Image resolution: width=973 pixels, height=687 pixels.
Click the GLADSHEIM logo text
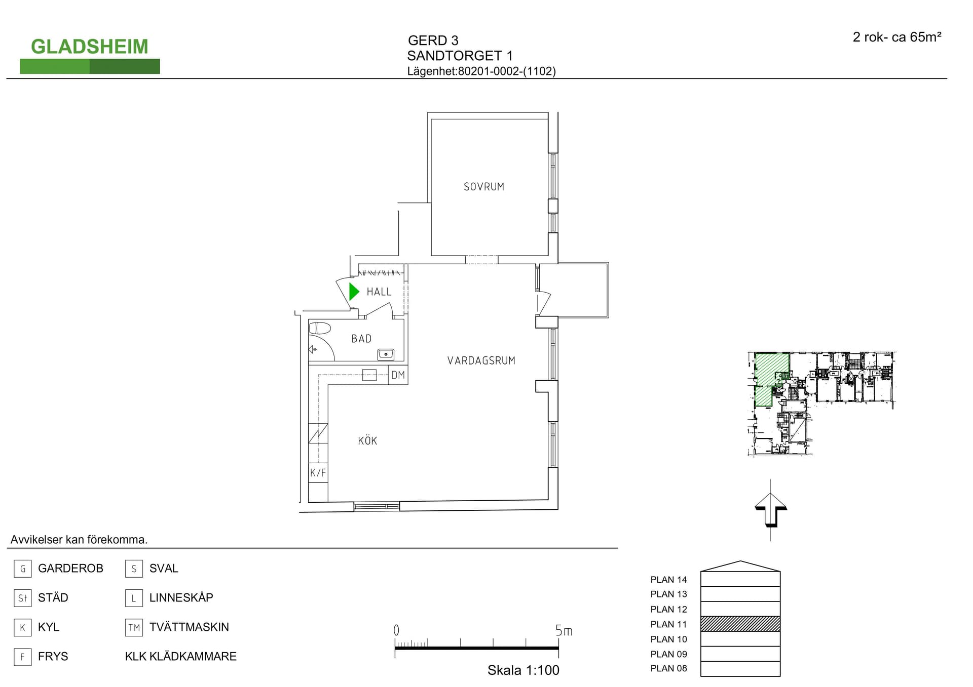[90, 47]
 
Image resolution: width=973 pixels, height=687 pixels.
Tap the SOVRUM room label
[484, 187]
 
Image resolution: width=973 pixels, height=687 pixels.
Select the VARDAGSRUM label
[481, 360]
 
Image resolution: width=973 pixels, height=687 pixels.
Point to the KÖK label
[367, 440]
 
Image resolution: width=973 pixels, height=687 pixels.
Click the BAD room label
[361, 339]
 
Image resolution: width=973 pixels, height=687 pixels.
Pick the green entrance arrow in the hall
[354, 292]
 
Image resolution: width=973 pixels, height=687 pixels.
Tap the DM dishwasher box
[398, 375]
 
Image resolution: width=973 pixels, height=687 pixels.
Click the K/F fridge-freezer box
[318, 473]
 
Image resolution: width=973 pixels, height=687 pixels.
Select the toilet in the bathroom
[320, 328]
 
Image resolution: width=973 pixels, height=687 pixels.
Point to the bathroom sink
[386, 354]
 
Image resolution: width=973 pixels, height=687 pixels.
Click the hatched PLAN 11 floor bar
[740, 624]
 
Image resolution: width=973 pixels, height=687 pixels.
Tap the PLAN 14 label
[668, 580]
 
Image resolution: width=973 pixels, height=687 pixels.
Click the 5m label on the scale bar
[564, 631]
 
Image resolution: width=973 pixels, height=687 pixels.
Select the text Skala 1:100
[523, 670]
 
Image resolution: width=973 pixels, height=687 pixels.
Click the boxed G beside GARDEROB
[23, 569]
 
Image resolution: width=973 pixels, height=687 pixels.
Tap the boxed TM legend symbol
[134, 628]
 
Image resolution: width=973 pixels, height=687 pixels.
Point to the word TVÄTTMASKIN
[189, 627]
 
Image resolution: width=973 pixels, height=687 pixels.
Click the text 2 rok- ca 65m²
[897, 37]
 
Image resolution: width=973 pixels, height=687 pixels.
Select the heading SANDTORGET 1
[460, 56]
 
